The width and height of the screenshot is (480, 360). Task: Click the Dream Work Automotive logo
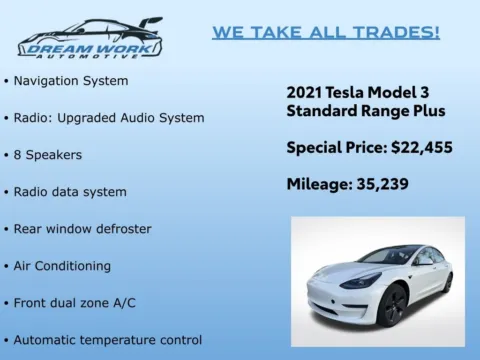pyautogui.click(x=90, y=37)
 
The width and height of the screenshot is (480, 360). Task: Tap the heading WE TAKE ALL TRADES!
pyautogui.click(x=325, y=32)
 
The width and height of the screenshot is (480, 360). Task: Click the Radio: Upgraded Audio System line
pyautogui.click(x=109, y=117)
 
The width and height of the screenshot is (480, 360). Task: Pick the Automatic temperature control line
pyautogui.click(x=107, y=340)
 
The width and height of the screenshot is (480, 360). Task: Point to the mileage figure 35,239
pyautogui.click(x=379, y=185)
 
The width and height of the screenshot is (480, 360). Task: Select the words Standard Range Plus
pyautogui.click(x=366, y=110)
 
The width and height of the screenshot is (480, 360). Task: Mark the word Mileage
pyautogui.click(x=319, y=185)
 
